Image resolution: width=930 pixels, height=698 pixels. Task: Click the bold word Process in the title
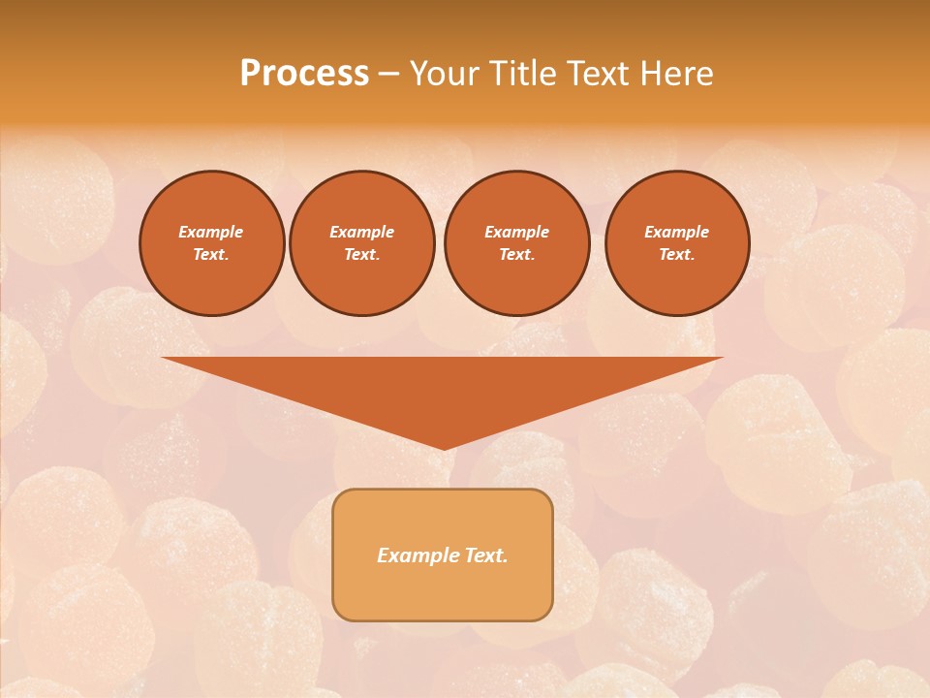coord(304,74)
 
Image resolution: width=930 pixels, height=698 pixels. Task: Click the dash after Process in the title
coord(388,75)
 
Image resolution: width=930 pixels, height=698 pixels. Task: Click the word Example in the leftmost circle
coord(211,232)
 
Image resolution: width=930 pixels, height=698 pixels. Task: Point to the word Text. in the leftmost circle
coord(211,254)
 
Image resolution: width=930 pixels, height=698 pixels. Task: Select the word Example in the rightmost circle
coord(676,232)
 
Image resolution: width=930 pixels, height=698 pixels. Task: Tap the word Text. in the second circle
coord(361,254)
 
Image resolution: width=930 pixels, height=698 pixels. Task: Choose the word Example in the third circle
coord(516,232)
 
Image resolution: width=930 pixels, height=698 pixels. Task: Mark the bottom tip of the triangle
coord(443,447)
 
